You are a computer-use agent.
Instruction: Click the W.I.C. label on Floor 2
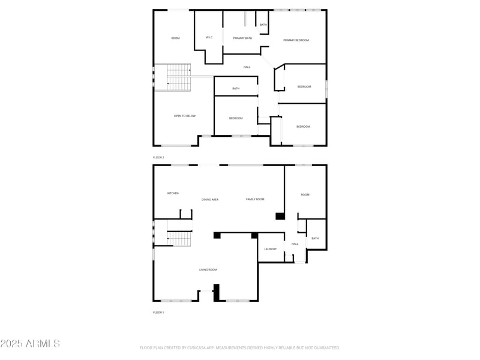pyautogui.click(x=209, y=38)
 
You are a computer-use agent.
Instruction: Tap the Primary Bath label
pyautogui.click(x=242, y=38)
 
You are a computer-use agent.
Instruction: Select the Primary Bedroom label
pyautogui.click(x=296, y=40)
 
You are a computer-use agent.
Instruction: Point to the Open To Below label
pyautogui.click(x=185, y=116)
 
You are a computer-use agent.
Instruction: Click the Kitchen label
pyautogui.click(x=173, y=193)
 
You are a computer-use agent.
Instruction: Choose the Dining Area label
pyautogui.click(x=210, y=199)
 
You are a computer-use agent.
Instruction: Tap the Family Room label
pyautogui.click(x=255, y=199)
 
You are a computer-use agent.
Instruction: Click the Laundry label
pyautogui.click(x=271, y=248)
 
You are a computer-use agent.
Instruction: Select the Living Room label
pyautogui.click(x=208, y=269)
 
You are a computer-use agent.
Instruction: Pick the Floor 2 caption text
pyautogui.click(x=158, y=157)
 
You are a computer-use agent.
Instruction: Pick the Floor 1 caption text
pyautogui.click(x=158, y=313)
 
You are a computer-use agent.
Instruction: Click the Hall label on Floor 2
pyautogui.click(x=247, y=67)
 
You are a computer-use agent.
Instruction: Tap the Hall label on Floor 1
pyautogui.click(x=295, y=244)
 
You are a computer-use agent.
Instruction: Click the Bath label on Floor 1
pyautogui.click(x=315, y=238)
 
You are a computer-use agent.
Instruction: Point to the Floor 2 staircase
pyautogui.click(x=178, y=78)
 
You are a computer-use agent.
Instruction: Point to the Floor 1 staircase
pyautogui.click(x=178, y=239)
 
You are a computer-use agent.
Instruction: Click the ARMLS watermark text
pyautogui.click(x=30, y=344)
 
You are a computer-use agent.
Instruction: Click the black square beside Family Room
pyautogui.click(x=280, y=216)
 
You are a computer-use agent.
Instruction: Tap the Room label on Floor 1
pyautogui.click(x=305, y=194)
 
